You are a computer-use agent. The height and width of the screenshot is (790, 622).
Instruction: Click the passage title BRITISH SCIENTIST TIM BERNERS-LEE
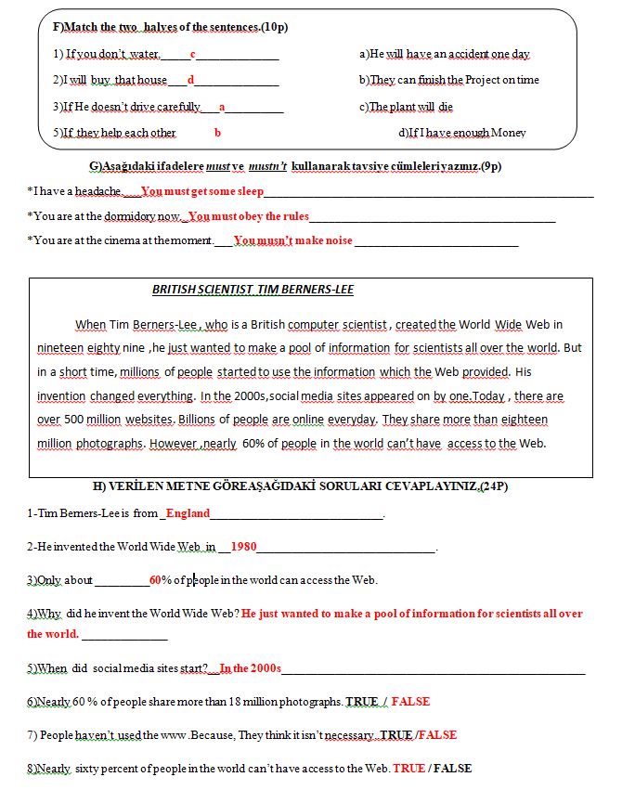click(253, 290)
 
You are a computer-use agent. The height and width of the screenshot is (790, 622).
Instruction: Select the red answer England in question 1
click(188, 513)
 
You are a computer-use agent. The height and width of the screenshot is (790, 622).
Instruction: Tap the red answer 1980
click(243, 547)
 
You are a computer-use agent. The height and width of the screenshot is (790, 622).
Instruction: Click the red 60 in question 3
click(155, 580)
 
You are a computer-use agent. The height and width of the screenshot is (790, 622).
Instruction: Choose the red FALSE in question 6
click(411, 702)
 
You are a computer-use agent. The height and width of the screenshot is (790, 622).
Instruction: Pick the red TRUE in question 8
click(408, 769)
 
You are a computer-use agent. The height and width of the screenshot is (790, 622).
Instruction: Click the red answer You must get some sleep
click(202, 191)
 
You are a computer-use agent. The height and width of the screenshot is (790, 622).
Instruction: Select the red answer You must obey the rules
click(248, 216)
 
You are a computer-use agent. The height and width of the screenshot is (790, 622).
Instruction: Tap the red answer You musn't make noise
click(292, 240)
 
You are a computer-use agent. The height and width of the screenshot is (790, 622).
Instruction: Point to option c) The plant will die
click(406, 107)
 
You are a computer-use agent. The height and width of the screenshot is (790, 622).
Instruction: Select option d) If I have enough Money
click(462, 133)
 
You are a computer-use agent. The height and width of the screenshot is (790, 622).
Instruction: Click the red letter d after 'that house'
click(190, 80)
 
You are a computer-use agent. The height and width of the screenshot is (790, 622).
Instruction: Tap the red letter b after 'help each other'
click(217, 133)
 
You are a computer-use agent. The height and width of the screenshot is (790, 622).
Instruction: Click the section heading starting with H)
click(300, 486)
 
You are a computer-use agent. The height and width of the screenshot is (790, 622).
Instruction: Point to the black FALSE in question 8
click(452, 769)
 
